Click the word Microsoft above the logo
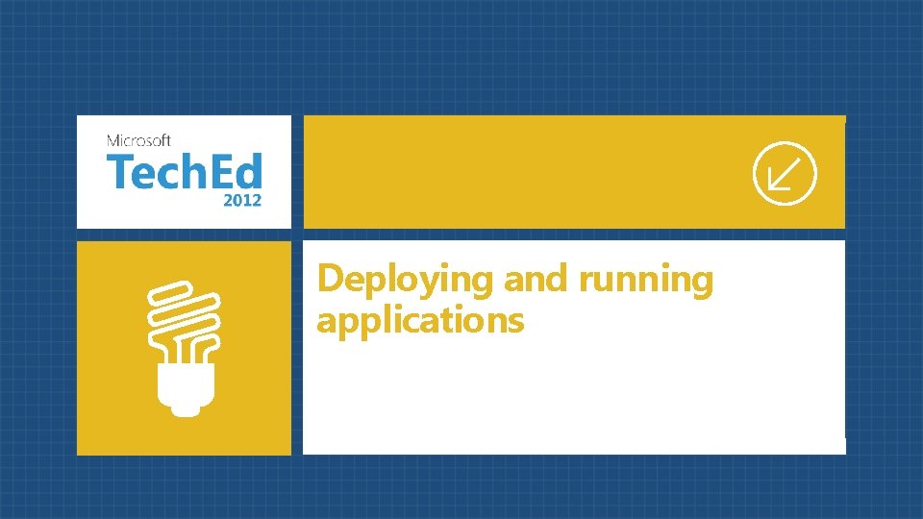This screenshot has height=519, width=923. click(x=139, y=140)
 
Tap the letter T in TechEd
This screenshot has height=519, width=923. click(x=117, y=174)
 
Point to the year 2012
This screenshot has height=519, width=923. click(x=241, y=201)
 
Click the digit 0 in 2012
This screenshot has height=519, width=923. click(x=237, y=201)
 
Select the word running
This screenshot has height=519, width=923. click(x=646, y=280)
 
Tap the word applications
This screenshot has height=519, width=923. click(x=420, y=320)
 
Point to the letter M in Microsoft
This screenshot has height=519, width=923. click(x=113, y=140)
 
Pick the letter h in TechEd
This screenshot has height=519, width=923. click(x=187, y=173)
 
